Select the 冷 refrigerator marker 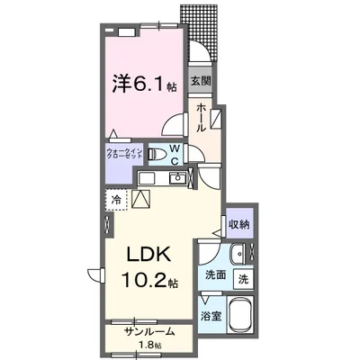116,198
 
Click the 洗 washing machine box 243,280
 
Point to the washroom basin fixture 238,253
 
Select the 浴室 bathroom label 212,316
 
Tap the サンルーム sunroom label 148,331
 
